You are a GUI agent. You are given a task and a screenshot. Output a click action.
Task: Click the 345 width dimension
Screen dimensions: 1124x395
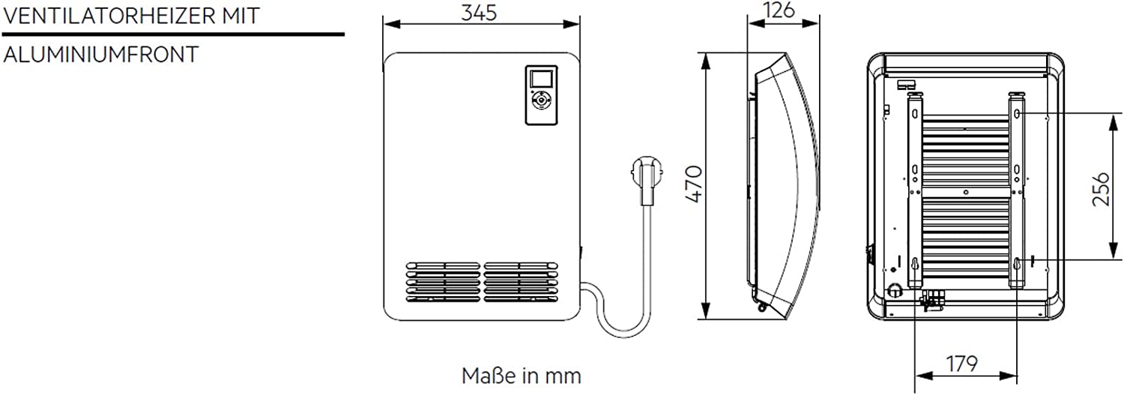[x=479, y=13]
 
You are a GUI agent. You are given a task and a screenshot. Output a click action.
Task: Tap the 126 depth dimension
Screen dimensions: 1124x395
[x=779, y=10]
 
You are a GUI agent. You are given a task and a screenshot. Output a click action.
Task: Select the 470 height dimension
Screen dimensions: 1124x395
[x=693, y=184]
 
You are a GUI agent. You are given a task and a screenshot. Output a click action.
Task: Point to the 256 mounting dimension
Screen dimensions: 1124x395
[x=1101, y=189]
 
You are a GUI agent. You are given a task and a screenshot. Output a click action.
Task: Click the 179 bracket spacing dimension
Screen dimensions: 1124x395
[x=961, y=364]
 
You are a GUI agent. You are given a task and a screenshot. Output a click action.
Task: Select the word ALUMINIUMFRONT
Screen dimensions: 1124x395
[x=101, y=54]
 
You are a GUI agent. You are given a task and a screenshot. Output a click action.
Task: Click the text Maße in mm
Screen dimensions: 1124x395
[x=522, y=376]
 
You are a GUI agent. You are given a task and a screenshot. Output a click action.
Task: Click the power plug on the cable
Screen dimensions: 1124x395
[x=647, y=180]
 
